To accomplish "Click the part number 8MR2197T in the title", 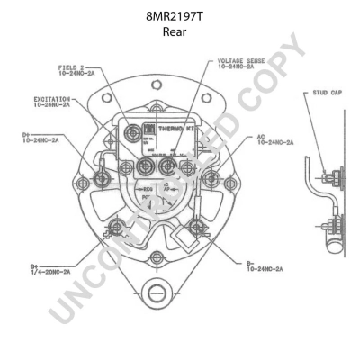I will click(x=179, y=16).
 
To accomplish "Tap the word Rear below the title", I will click(x=179, y=31).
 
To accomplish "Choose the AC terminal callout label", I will click(x=275, y=140).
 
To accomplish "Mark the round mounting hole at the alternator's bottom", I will click(x=156, y=292).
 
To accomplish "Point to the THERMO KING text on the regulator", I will click(x=176, y=130).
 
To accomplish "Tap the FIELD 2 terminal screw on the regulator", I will click(x=135, y=132).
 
